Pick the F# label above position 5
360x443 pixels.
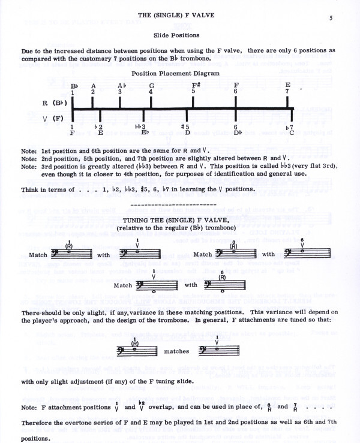[196, 85]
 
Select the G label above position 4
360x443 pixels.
[151, 85]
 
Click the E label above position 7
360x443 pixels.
[288, 85]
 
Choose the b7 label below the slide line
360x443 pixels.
[289, 128]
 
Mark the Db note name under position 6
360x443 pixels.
[237, 134]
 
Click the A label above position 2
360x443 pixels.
[93, 85]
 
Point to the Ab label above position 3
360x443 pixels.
[121, 85]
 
